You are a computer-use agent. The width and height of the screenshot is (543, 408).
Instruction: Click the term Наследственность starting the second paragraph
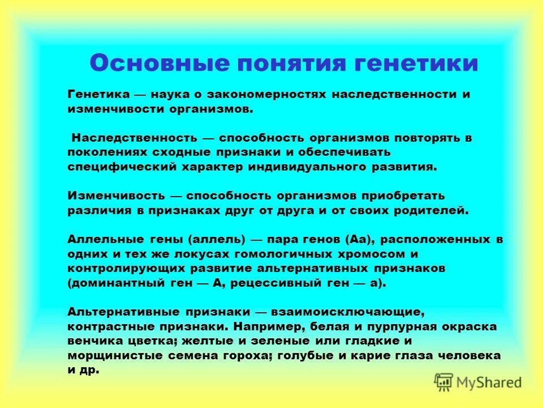(x=134, y=138)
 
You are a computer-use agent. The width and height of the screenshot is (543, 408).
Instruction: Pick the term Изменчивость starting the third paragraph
(x=117, y=195)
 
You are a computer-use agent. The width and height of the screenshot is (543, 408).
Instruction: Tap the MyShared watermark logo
(x=479, y=382)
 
